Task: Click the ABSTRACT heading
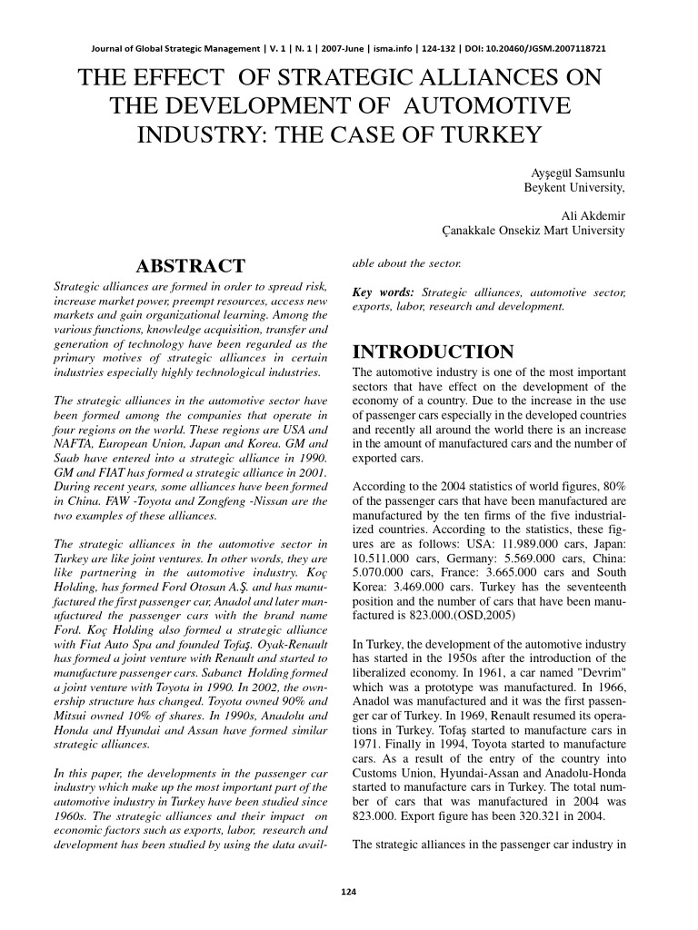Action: (x=190, y=266)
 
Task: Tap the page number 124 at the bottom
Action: (x=348, y=892)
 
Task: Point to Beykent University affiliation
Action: (x=574, y=188)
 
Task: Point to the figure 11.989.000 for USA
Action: (x=508, y=535)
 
